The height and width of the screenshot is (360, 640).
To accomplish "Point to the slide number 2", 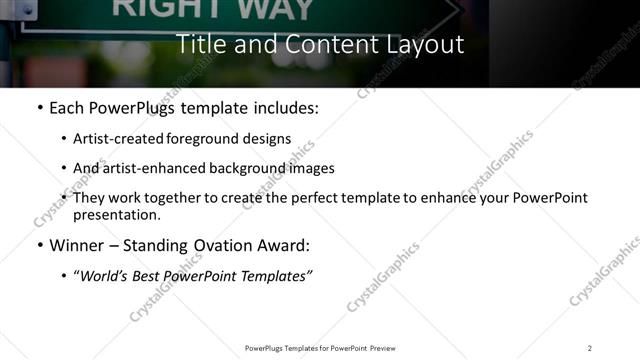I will pos(589,347).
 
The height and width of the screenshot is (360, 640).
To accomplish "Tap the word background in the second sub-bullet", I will pos(247,168).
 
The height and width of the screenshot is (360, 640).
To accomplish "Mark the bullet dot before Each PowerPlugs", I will pos(39,107).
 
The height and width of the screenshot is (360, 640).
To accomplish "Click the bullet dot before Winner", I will pos(39,245).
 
